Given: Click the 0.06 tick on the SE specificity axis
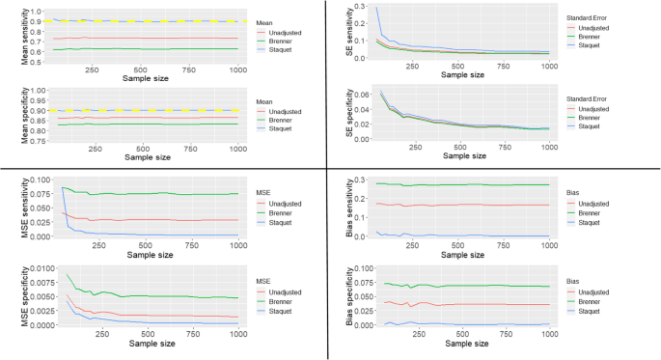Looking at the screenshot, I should tap(368, 95).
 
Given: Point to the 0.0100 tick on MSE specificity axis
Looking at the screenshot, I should tap(31, 265).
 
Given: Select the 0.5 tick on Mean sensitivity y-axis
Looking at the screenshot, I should tap(40, 62).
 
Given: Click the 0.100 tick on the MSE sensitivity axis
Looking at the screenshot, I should tap(34, 180).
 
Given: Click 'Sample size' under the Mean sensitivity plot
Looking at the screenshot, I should tap(142, 80).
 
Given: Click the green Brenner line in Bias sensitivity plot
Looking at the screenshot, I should tap(463, 184).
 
